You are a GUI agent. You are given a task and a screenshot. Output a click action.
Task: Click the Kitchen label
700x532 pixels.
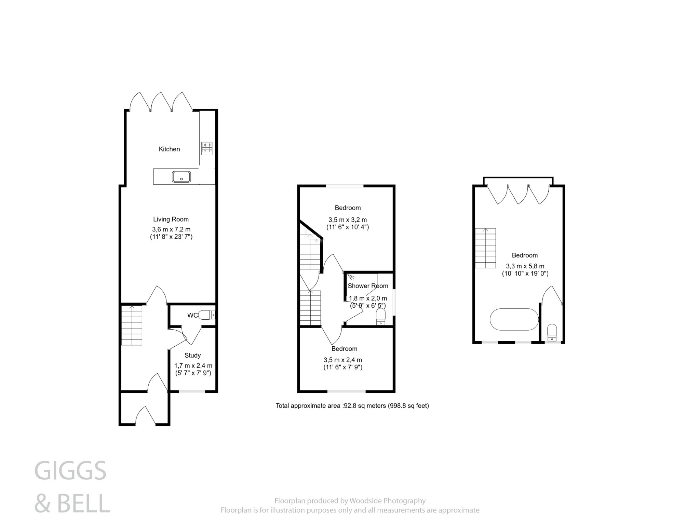coord(169,149)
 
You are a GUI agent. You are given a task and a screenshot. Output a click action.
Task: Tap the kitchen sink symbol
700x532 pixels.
coord(181,177)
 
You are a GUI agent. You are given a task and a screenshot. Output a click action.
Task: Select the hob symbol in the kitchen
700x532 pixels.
coord(207,148)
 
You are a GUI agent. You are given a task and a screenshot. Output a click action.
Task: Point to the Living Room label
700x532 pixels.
coord(171,220)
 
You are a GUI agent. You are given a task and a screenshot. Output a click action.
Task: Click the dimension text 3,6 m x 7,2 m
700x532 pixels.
coord(171,229)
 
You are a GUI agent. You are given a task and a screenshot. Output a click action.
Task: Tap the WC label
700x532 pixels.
coord(192,315)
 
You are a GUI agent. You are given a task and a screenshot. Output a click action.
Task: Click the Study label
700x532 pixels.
coord(192,355)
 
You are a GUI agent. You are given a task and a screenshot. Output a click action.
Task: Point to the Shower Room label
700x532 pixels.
coord(368,286)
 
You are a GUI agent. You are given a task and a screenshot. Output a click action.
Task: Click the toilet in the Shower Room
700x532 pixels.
coord(381,317)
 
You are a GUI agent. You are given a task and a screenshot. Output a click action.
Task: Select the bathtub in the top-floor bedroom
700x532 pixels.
coord(514,319)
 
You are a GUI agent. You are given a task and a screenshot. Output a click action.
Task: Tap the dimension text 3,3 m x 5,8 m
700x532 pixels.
coord(525,266)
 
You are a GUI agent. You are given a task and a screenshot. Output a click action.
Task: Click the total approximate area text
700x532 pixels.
coord(352,406)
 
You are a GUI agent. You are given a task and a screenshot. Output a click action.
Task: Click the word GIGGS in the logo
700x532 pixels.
coord(70,471)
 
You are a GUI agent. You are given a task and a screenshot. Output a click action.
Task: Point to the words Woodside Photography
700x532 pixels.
coord(387,501)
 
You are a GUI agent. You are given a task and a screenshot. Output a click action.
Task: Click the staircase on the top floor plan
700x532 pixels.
coord(485,248)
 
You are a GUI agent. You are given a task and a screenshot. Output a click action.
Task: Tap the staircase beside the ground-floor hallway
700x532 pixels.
coord(132,325)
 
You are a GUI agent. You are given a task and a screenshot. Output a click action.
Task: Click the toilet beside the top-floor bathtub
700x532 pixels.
coord(552,333)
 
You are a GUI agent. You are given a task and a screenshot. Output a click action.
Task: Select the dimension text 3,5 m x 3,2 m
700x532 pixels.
coord(348,220)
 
